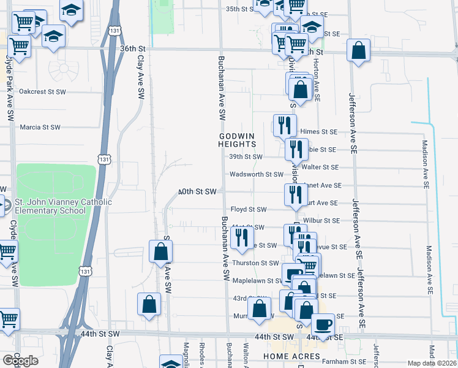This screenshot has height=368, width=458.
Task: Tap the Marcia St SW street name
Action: pyautogui.click(x=40, y=128)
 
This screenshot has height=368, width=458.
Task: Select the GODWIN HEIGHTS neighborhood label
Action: pyautogui.click(x=236, y=140)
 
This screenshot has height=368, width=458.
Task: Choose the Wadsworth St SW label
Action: pyautogui.click(x=257, y=175)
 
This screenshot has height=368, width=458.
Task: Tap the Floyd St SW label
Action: pyautogui.click(x=249, y=210)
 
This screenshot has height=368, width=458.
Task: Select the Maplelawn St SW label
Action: pyautogui.click(x=257, y=281)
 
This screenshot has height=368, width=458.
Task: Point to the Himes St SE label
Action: pyautogui.click(x=318, y=132)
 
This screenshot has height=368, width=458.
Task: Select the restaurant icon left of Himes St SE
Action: pyautogui.click(x=282, y=125)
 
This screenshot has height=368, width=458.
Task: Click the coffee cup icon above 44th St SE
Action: pyautogui.click(x=323, y=324)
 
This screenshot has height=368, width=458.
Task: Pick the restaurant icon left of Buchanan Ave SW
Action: pyautogui.click(x=242, y=236)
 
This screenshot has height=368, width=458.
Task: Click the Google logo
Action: pyautogui.click(x=20, y=361)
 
